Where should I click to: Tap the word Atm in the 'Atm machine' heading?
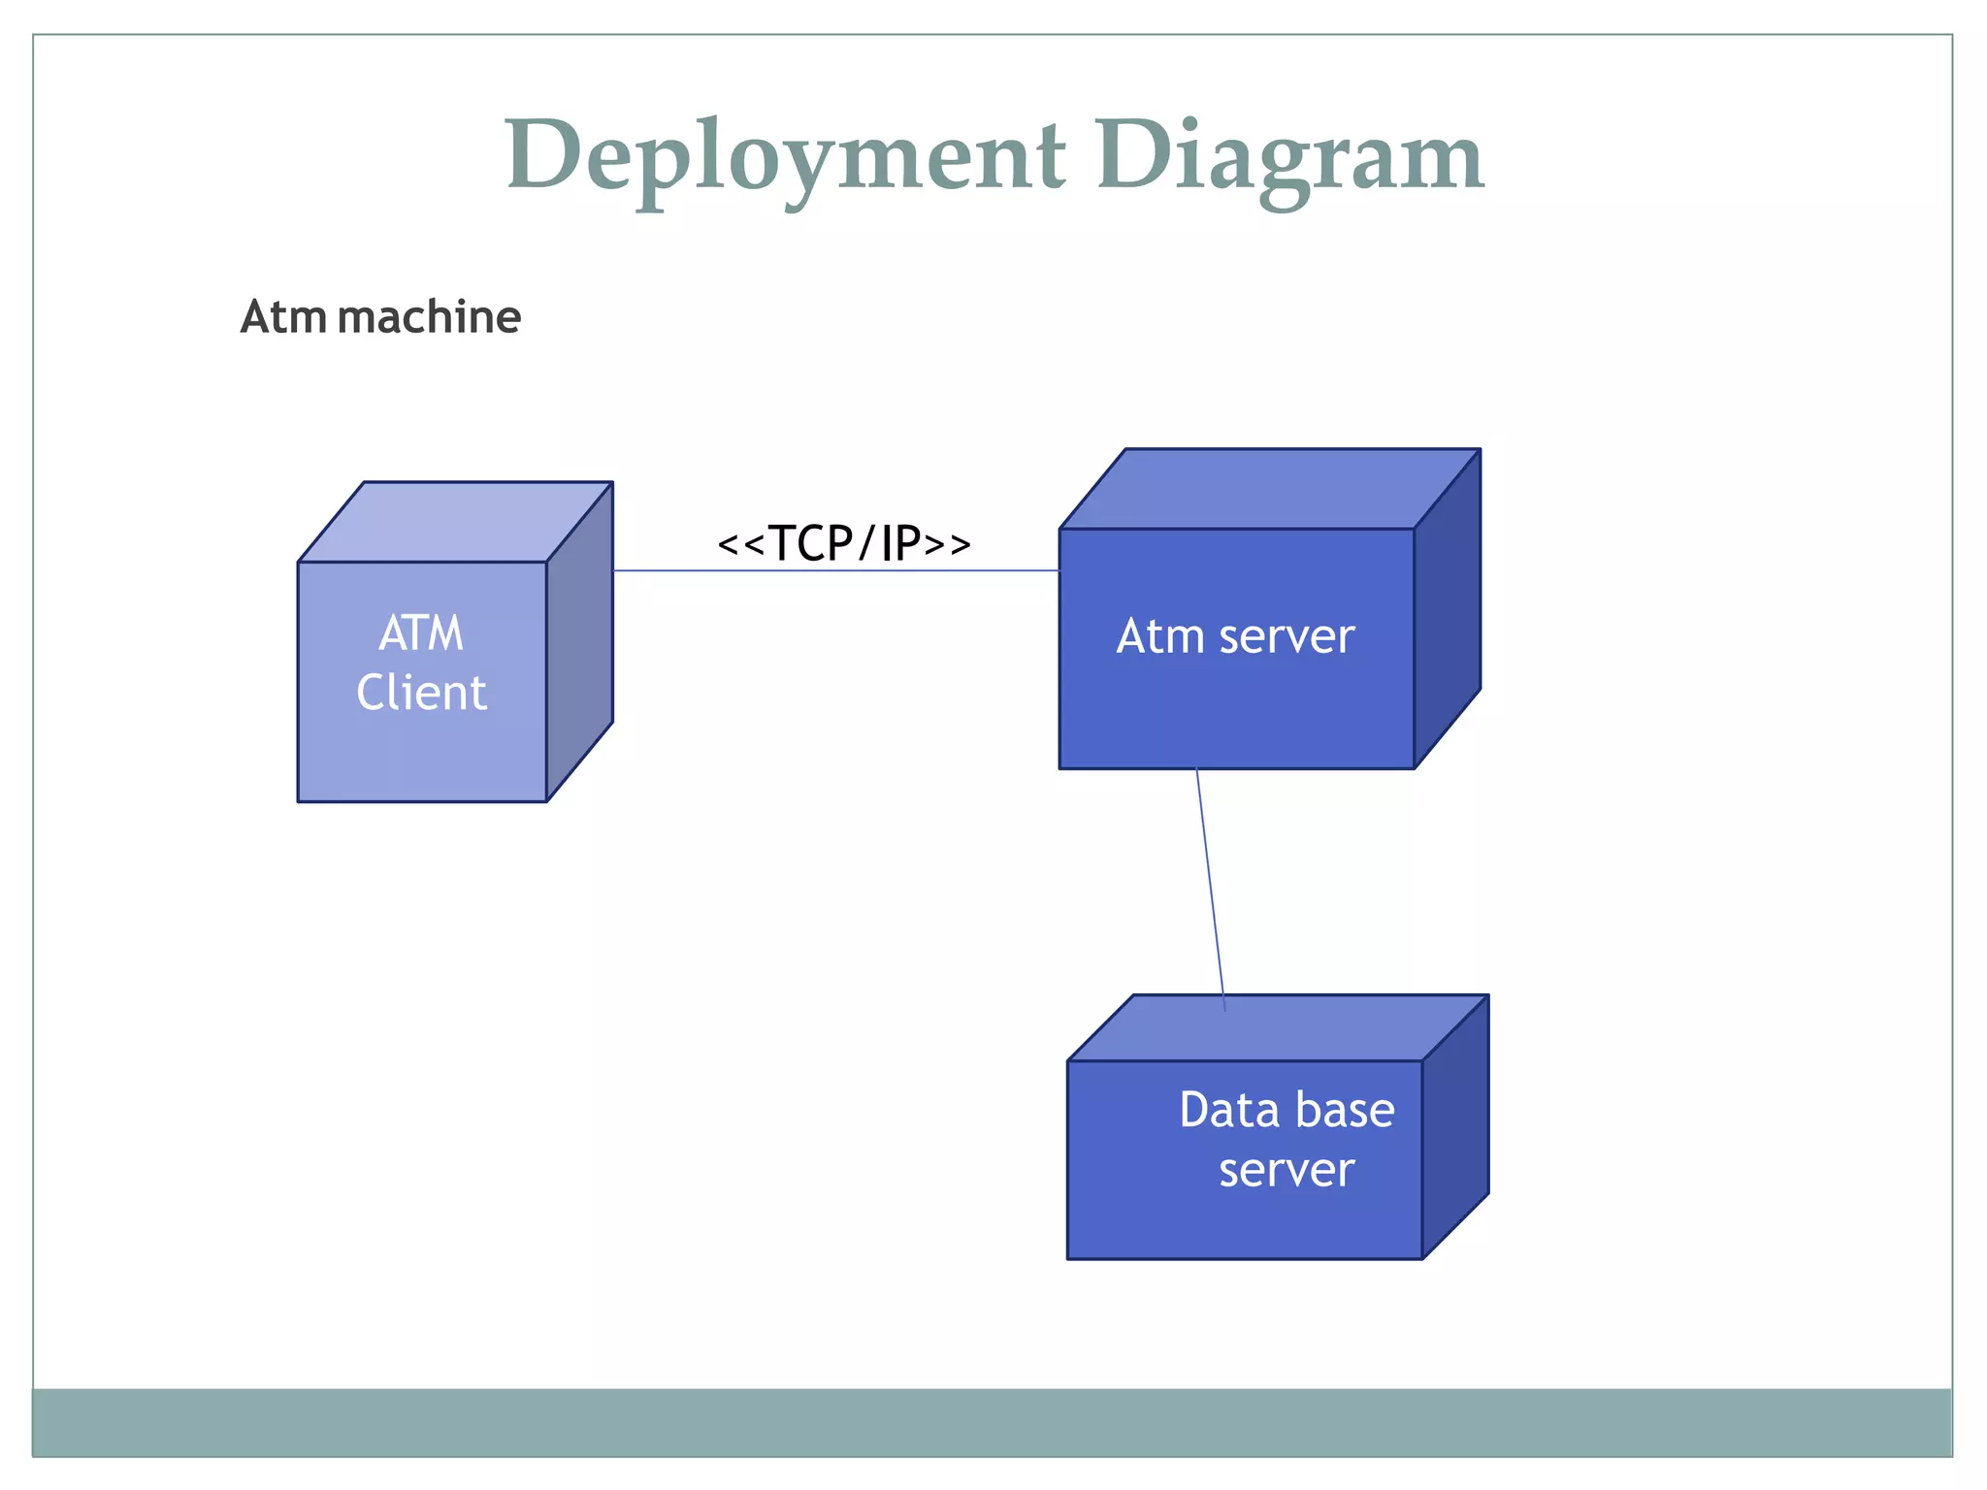pos(283,317)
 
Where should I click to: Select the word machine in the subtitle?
pos(430,317)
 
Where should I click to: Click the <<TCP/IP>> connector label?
pos(843,542)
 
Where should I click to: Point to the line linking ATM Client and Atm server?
pos(834,570)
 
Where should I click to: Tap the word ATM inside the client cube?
pos(421,633)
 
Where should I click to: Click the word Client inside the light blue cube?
pos(421,693)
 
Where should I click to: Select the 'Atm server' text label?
pos(1234,636)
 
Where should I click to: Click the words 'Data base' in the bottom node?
pos(1287,1110)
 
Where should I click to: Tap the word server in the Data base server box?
pos(1287,1170)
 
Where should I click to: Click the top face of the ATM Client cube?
pos(456,522)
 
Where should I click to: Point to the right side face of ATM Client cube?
pos(580,642)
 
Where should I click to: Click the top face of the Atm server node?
pos(1269,489)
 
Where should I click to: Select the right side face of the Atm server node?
pos(1448,609)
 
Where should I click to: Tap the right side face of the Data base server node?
pos(1455,1127)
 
